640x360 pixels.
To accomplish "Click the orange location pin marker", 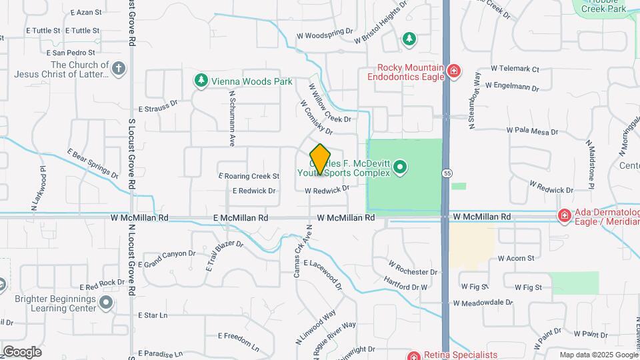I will tap(321, 159).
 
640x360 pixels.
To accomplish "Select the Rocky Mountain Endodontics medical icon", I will tap(454, 71).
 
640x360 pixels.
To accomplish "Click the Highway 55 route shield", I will tap(445, 173).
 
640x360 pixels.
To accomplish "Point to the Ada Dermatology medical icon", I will tap(564, 216).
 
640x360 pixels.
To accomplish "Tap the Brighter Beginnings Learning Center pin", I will tap(105, 303).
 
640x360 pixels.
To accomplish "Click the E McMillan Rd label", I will tap(241, 218).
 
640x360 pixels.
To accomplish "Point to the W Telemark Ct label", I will tap(514, 69).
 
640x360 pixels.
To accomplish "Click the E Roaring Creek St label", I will tap(249, 177).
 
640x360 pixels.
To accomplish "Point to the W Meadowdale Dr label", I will tap(483, 302).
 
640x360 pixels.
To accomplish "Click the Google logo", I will tap(21, 351).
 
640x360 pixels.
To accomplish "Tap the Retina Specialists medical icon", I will tap(414, 356).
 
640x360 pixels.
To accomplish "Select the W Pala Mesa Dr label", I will tap(532, 132).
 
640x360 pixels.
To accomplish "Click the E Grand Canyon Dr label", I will tap(169, 255).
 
